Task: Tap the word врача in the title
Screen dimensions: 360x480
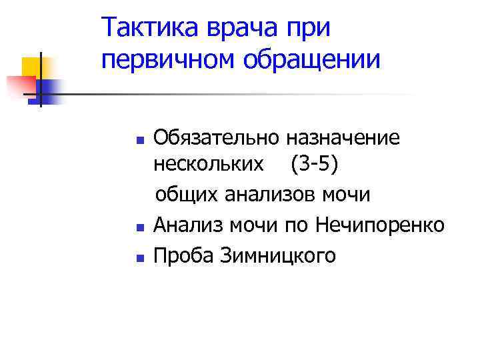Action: pyautogui.click(x=244, y=28)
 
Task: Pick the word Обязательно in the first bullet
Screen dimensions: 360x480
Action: pyautogui.click(x=215, y=138)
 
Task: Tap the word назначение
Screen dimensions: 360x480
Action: pyautogui.click(x=343, y=138)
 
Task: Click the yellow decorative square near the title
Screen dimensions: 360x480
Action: pyautogui.click(x=31, y=67)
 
